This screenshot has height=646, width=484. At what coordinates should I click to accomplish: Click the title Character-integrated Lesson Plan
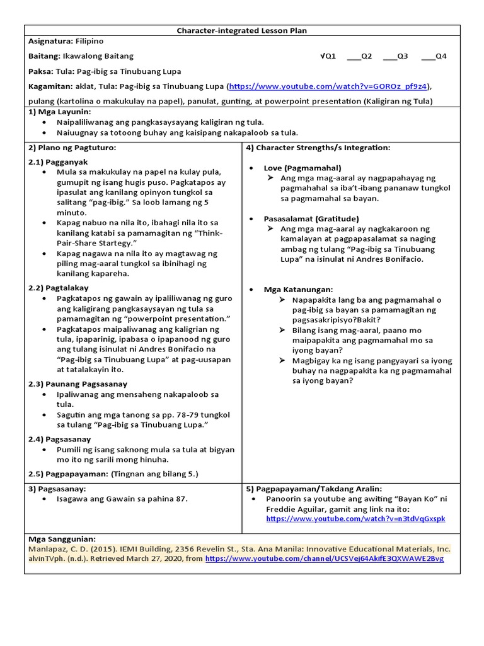click(242, 30)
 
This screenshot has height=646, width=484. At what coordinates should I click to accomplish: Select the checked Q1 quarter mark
click(328, 56)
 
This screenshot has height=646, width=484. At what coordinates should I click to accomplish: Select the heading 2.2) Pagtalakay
click(59, 287)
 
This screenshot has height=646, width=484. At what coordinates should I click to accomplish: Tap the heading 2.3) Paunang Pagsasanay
click(78, 384)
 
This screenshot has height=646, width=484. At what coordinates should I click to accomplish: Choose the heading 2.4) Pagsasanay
click(60, 438)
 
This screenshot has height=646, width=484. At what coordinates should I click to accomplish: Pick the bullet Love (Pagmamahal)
click(302, 168)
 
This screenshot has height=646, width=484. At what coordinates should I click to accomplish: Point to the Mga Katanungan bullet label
click(298, 289)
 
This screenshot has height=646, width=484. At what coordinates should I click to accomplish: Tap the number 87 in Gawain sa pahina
click(181, 498)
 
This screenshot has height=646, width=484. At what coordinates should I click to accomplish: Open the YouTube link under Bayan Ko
click(355, 519)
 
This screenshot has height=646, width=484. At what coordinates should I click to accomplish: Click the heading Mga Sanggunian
click(62, 539)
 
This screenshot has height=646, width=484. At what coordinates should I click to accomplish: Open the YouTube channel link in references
click(324, 559)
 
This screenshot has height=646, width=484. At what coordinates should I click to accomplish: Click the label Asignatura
click(50, 41)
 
